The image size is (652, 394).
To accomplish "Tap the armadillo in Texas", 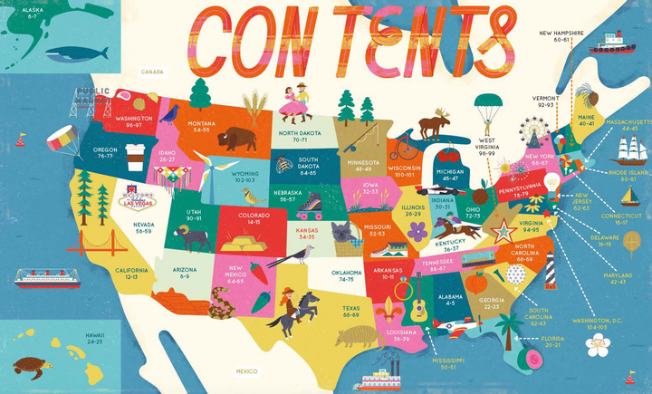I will pos(354,338).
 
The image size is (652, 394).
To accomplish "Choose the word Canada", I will pos(151,71).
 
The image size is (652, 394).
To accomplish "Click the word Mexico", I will pos(246,371).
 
